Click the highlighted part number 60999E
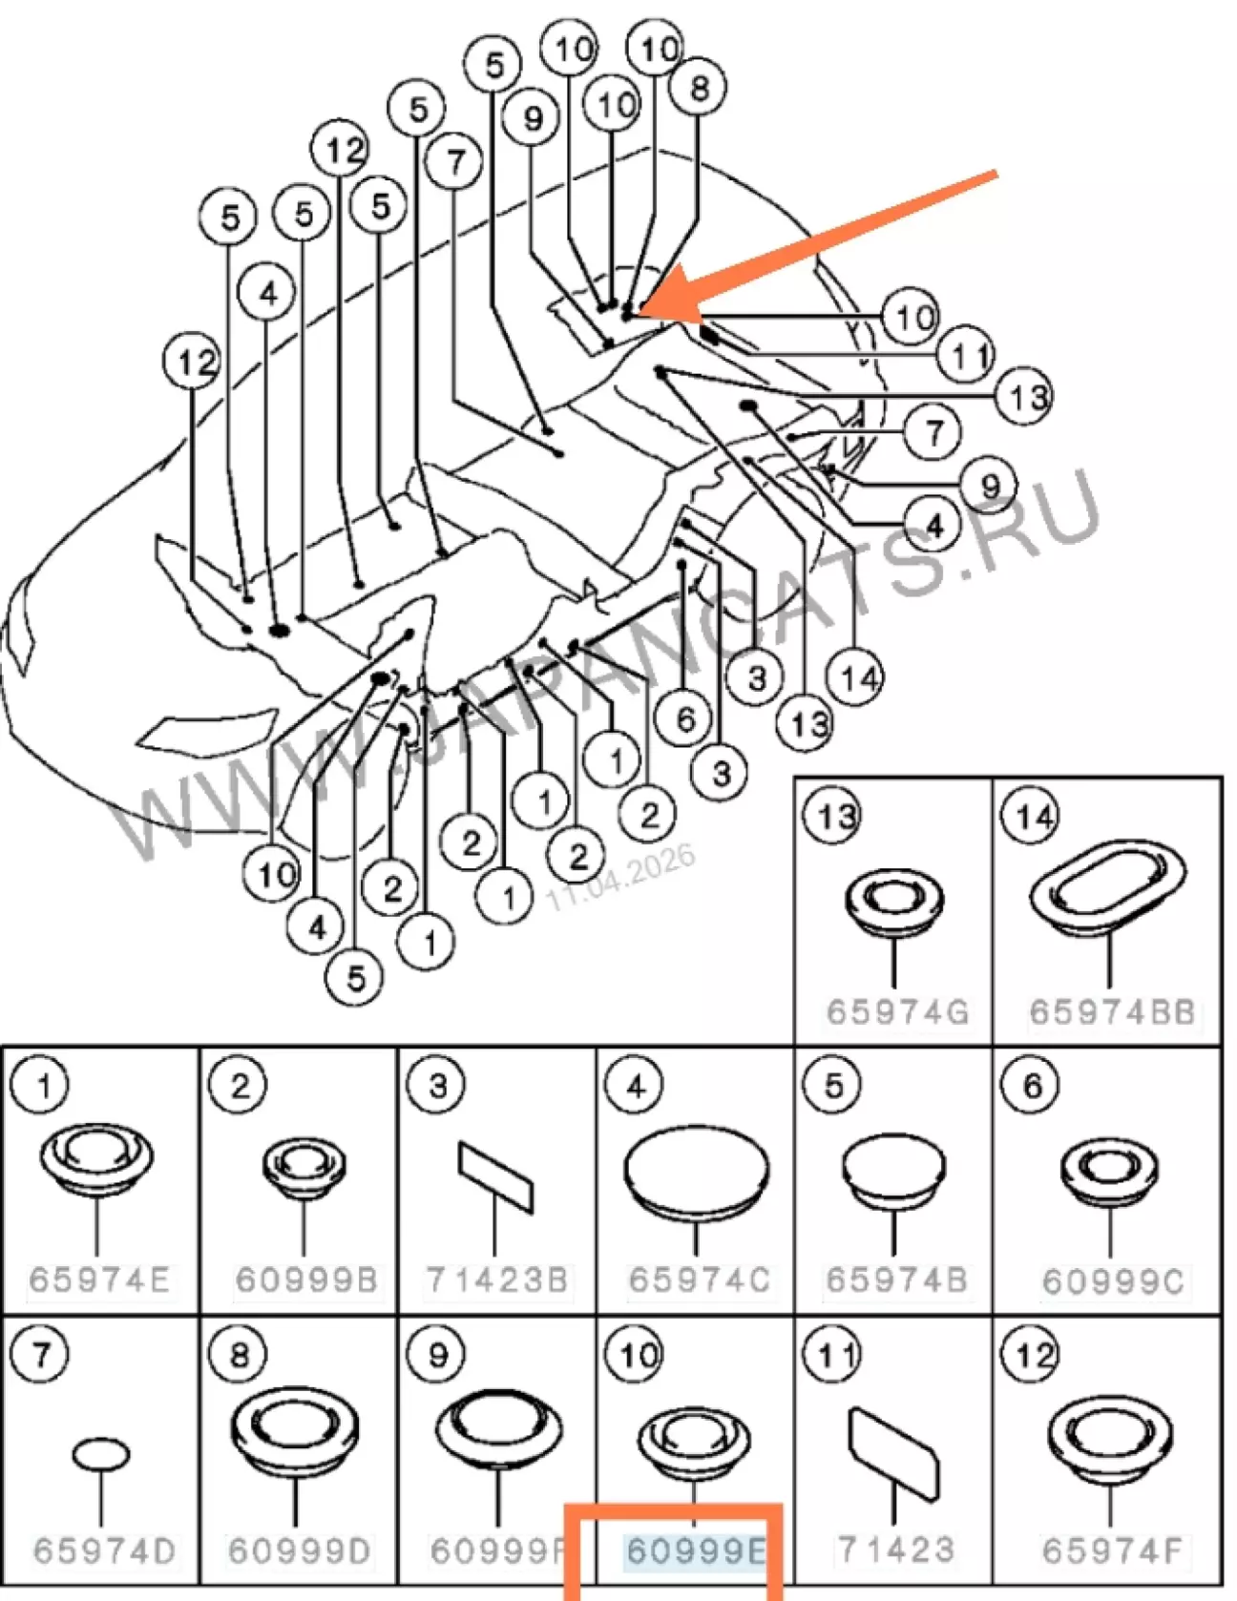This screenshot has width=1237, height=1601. click(x=695, y=1550)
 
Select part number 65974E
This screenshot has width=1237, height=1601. click(x=99, y=1279)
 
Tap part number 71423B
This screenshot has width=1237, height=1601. click(x=496, y=1279)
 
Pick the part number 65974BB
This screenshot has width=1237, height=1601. click(x=1112, y=1011)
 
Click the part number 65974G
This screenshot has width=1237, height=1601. click(x=897, y=1011)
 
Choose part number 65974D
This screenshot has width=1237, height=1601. click(x=104, y=1550)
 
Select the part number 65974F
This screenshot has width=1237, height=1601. click(x=1112, y=1550)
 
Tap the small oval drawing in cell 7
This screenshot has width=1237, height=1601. click(x=100, y=1455)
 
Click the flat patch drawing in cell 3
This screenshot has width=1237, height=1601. click(x=495, y=1176)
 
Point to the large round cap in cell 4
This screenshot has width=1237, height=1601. click(x=696, y=1173)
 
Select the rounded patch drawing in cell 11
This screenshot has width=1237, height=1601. click(x=893, y=1454)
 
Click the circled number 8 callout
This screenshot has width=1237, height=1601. click(x=699, y=88)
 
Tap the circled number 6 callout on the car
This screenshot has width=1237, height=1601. click(x=684, y=718)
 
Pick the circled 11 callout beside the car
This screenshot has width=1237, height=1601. click(x=966, y=356)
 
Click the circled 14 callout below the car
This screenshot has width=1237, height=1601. click(x=856, y=677)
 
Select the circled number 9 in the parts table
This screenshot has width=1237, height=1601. click(x=437, y=1355)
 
